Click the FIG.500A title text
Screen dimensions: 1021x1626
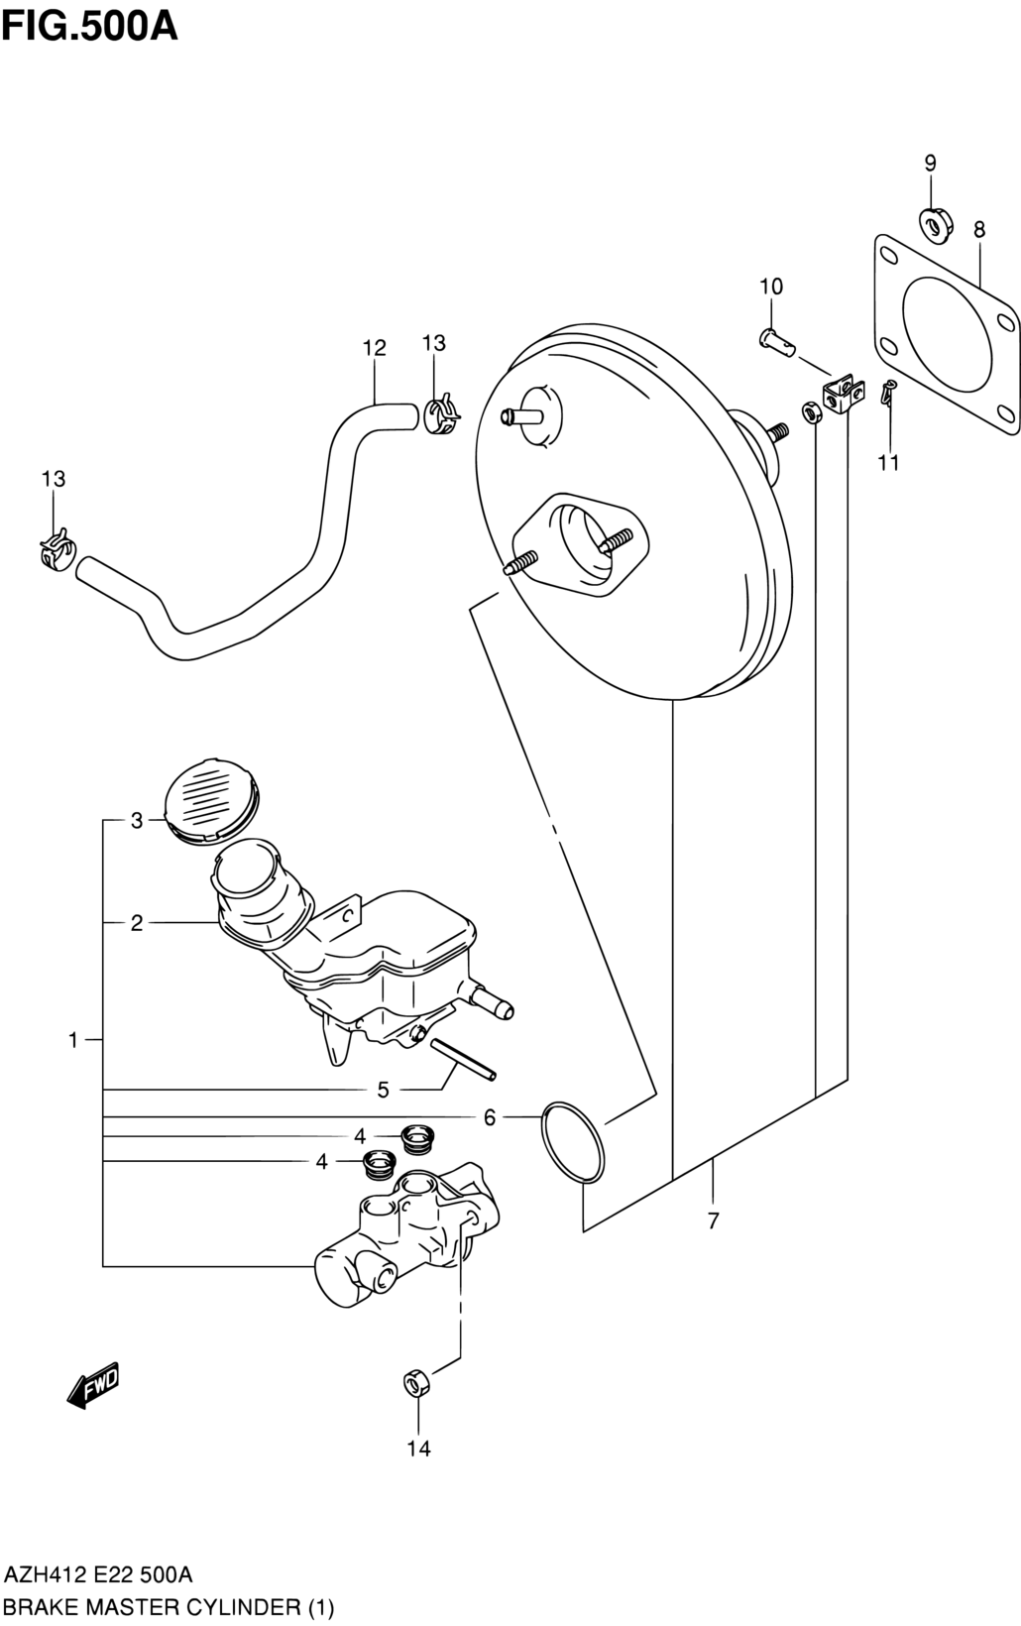(x=90, y=27)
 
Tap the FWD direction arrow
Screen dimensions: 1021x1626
(x=92, y=1384)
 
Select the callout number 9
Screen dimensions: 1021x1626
(x=930, y=163)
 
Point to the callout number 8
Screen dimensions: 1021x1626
(x=979, y=229)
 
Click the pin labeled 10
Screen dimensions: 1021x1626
(x=776, y=340)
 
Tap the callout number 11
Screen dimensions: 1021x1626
(x=888, y=462)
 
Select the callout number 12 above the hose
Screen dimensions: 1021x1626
(x=375, y=348)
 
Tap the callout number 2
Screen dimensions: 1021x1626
(x=137, y=923)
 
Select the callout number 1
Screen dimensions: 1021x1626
(x=72, y=1040)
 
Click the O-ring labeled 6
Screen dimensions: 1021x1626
(x=572, y=1152)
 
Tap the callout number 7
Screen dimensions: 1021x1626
(x=713, y=1220)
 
